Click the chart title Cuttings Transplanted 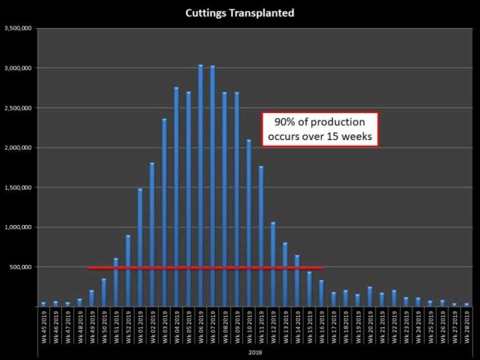240,12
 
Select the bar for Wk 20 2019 370,297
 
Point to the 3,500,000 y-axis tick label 19,28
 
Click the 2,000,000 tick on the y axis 19,147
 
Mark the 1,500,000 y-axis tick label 19,187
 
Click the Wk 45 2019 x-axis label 43,324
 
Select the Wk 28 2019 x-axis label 467,324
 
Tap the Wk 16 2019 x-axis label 322,324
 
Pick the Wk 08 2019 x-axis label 225,324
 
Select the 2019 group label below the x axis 255,352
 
